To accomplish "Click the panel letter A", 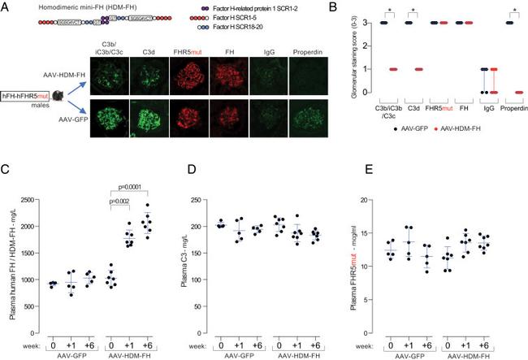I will [6, 7].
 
